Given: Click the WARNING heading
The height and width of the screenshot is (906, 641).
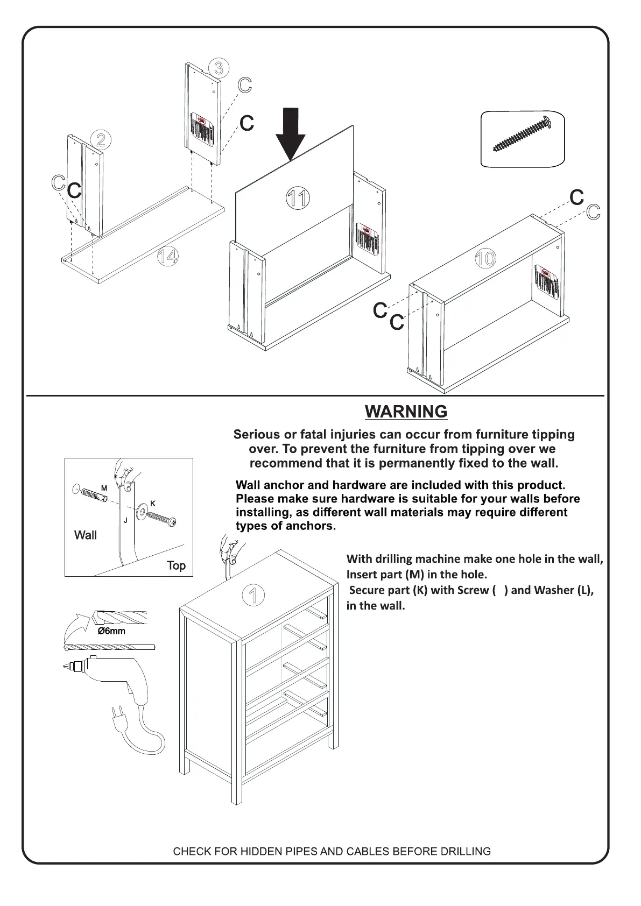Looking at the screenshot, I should point(406,412).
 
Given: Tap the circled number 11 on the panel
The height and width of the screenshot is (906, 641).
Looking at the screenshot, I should point(297,199).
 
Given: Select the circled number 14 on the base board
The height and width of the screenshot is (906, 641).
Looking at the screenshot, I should point(168,257).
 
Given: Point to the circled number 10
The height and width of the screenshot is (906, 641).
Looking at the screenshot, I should point(484,259).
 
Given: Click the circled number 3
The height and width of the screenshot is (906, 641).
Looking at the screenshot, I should point(219,68).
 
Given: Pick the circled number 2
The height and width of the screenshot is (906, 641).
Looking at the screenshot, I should point(101,140).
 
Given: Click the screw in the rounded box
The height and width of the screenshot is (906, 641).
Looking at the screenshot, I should point(522,135).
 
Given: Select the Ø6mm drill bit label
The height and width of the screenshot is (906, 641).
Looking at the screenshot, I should point(111,631).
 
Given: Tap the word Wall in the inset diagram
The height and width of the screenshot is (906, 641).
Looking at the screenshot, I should point(86,535).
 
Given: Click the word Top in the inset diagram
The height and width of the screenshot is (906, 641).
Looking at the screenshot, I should point(176,565).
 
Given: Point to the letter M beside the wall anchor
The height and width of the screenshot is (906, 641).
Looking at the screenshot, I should point(104,488).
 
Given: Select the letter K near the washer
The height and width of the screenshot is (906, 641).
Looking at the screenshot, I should point(153,504).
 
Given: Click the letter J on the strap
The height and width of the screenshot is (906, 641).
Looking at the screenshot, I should point(125,520).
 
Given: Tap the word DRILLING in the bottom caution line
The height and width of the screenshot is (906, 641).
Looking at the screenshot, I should point(465,852).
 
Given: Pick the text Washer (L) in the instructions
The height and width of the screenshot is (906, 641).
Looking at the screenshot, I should point(564,590).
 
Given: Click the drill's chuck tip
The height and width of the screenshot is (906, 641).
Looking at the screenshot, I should point(66,667).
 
